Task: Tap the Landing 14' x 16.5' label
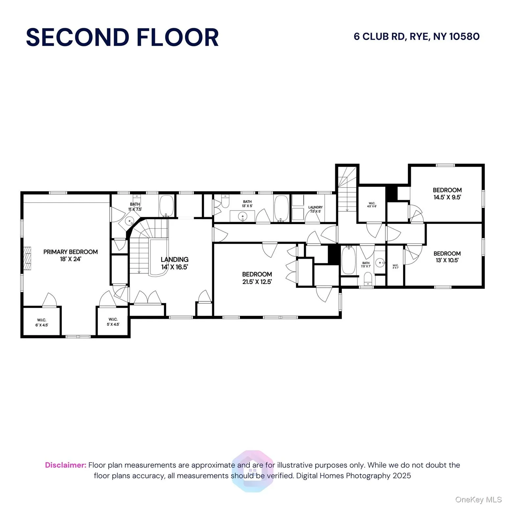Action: [x=175, y=263]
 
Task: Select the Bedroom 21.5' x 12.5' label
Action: [x=257, y=278]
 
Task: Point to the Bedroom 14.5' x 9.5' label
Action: [x=447, y=194]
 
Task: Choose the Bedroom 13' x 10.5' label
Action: [x=447, y=257]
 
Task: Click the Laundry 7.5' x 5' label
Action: [x=315, y=209]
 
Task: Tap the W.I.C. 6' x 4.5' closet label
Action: [x=42, y=322]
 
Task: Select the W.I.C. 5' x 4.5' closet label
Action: [x=113, y=322]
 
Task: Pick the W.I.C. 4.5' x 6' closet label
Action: [x=372, y=204]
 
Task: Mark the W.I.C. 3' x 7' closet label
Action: [x=396, y=266]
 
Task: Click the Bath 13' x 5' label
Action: [x=247, y=204]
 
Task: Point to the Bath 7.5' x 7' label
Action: [x=366, y=264]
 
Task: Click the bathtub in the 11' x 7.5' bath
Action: [x=167, y=206]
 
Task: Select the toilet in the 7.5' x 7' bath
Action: [x=368, y=280]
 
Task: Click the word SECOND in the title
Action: [x=78, y=37]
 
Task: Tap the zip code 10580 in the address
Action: [x=464, y=36]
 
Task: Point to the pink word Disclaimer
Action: [x=65, y=465]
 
